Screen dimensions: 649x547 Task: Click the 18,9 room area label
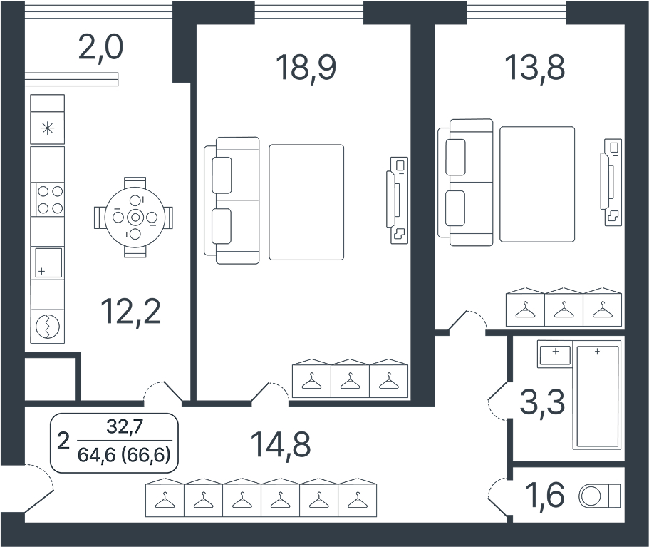pos(306,67)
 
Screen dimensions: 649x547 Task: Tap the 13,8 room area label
pos(535,67)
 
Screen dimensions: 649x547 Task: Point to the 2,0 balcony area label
pos(100,48)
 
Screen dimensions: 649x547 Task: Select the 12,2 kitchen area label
pos(131,312)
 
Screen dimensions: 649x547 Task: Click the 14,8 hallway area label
pos(280,444)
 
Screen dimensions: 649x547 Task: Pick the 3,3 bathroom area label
pos(542,402)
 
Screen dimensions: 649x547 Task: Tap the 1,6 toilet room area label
pos(545,494)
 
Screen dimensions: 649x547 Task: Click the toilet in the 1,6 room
pos(600,495)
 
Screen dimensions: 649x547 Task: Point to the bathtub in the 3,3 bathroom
pos(597,397)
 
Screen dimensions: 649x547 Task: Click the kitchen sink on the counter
pos(48,262)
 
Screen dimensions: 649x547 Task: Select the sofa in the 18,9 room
pos(232,200)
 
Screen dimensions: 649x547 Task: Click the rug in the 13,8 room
pos(537,185)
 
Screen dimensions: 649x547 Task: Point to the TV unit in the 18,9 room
pos(398,200)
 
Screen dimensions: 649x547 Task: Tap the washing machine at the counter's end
pos(48,327)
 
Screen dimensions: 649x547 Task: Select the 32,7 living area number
pos(125,426)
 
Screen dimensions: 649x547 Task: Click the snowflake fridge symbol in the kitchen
pos(48,128)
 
